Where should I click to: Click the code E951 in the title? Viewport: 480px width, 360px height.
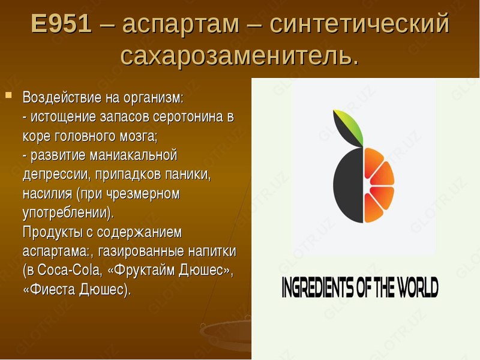coord(61,24)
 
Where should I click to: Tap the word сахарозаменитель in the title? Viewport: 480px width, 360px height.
coord(239,55)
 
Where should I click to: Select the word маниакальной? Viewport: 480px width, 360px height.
coord(133,155)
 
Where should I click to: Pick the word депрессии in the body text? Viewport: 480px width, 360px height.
coord(58,175)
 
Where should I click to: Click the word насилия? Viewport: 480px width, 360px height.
coord(47,194)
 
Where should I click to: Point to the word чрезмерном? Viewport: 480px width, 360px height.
coord(145,194)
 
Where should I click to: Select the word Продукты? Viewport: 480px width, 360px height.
coord(52,232)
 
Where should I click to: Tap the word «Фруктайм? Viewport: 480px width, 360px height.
coord(142,271)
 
